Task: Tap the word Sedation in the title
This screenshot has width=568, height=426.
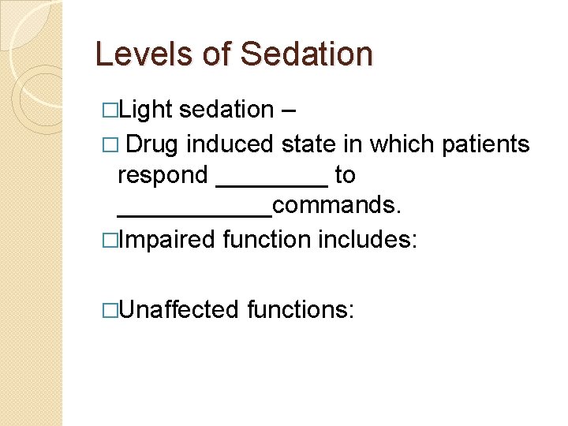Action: pos(306,54)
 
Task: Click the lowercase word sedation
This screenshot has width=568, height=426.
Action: pos(226,111)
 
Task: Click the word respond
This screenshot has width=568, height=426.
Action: pos(163,174)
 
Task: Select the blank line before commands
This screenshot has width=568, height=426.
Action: pos(194,214)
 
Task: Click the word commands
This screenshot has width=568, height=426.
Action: pos(337,205)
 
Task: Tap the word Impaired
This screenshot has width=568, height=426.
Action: pos(166,238)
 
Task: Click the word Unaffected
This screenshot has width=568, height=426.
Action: pos(179,309)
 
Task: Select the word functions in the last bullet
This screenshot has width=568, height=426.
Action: pos(301,309)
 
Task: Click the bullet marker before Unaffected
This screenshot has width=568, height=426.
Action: pos(110,310)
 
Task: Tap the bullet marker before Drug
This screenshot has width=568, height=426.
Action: pos(110,145)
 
